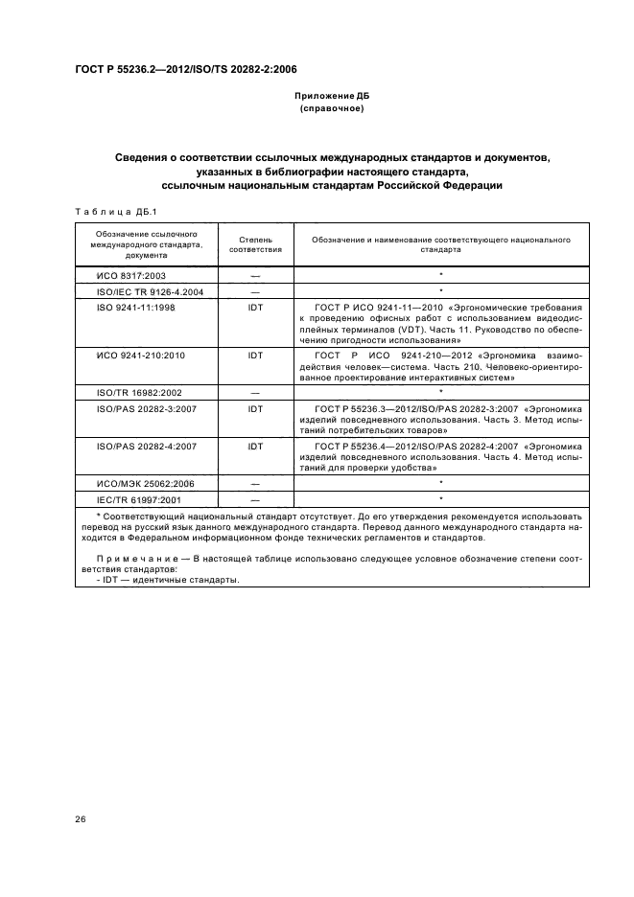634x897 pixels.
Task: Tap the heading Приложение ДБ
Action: (331, 97)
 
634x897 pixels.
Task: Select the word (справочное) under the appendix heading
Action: (331, 109)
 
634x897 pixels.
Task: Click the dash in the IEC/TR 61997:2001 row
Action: (255, 500)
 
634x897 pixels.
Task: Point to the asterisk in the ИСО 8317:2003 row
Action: (440, 275)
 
